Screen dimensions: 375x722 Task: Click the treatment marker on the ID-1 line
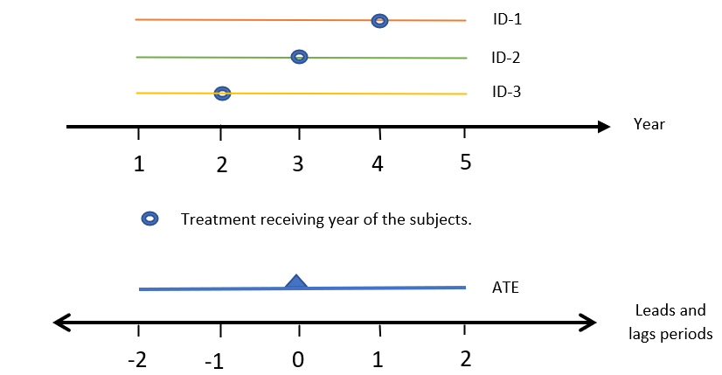(x=379, y=20)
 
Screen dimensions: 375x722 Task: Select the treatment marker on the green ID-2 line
(x=299, y=57)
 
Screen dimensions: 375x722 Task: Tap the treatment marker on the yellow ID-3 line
(x=222, y=93)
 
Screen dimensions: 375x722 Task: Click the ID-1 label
(x=506, y=19)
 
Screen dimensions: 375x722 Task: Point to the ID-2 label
(x=506, y=59)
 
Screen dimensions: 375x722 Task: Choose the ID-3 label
(x=506, y=91)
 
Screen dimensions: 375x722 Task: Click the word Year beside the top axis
(x=649, y=124)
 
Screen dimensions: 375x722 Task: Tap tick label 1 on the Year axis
(x=139, y=163)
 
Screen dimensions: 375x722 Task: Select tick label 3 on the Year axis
(x=298, y=163)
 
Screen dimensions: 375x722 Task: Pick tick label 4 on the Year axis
(x=378, y=163)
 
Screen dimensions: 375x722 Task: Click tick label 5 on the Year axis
(x=465, y=162)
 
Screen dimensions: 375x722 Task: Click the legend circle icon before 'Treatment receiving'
(x=149, y=219)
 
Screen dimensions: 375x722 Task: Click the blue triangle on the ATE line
(x=297, y=281)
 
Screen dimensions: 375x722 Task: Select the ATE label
(x=506, y=286)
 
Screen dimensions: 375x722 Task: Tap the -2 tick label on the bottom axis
(x=136, y=358)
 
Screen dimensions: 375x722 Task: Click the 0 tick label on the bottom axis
(x=298, y=358)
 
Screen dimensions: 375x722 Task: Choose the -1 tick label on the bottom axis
(x=215, y=360)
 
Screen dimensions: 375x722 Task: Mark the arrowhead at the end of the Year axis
(x=603, y=127)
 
